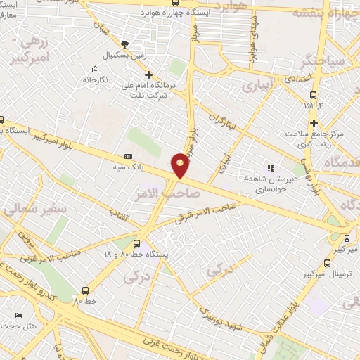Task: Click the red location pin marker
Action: pyautogui.click(x=181, y=165)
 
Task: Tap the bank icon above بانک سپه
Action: pyautogui.click(x=127, y=156)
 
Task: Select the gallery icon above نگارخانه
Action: pyautogui.click(x=96, y=69)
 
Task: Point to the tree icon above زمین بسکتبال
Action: pyautogui.click(x=125, y=43)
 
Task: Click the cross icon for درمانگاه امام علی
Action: pyautogui.click(x=148, y=74)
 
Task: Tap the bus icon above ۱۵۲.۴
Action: pyautogui.click(x=313, y=95)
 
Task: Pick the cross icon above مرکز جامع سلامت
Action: pyautogui.click(x=334, y=122)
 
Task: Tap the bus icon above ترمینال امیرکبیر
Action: pyautogui.click(x=326, y=264)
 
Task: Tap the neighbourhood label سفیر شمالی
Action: pyautogui.click(x=25, y=209)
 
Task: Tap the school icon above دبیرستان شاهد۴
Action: pyautogui.click(x=269, y=168)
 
